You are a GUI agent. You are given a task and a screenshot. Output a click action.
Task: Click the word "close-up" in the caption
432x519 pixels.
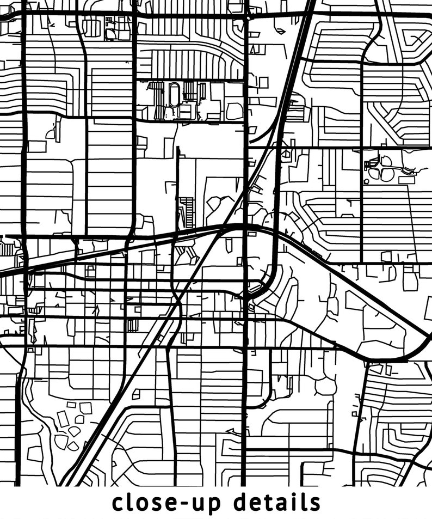coord(166,503)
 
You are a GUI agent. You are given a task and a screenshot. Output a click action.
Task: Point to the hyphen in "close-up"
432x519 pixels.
coord(195,504)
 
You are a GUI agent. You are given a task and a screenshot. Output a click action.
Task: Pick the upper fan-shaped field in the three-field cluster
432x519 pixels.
coord(386,161)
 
